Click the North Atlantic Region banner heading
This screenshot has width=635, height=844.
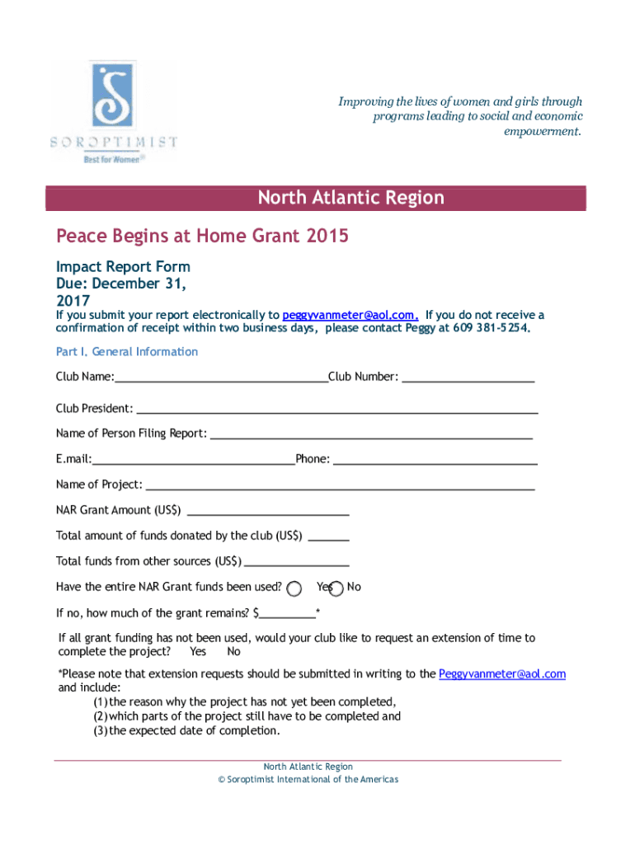350,198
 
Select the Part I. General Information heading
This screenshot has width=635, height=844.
127,352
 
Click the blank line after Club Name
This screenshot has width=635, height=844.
221,378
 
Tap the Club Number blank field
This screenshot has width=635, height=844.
468,378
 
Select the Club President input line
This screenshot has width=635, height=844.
336,409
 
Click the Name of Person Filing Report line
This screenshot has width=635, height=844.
371,434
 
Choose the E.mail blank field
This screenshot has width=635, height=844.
193,460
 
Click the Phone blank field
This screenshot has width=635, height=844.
435,460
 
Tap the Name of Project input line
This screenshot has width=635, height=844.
339,485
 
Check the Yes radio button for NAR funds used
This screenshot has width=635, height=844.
294,588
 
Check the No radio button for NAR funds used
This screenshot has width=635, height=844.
336,588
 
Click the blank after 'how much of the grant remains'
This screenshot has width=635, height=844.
288,614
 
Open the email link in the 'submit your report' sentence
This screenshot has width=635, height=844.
350,316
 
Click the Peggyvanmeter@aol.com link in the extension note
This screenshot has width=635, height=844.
502,674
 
